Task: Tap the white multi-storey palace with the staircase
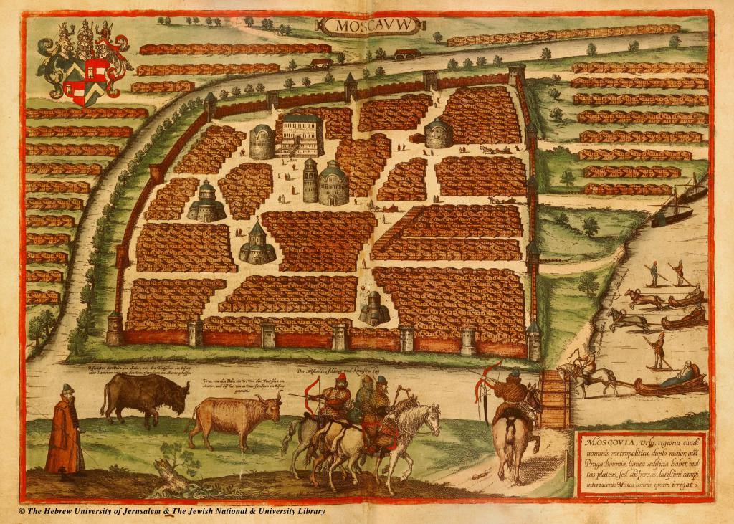300,134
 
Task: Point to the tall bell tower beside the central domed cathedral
310,181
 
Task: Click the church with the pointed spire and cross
257,244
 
